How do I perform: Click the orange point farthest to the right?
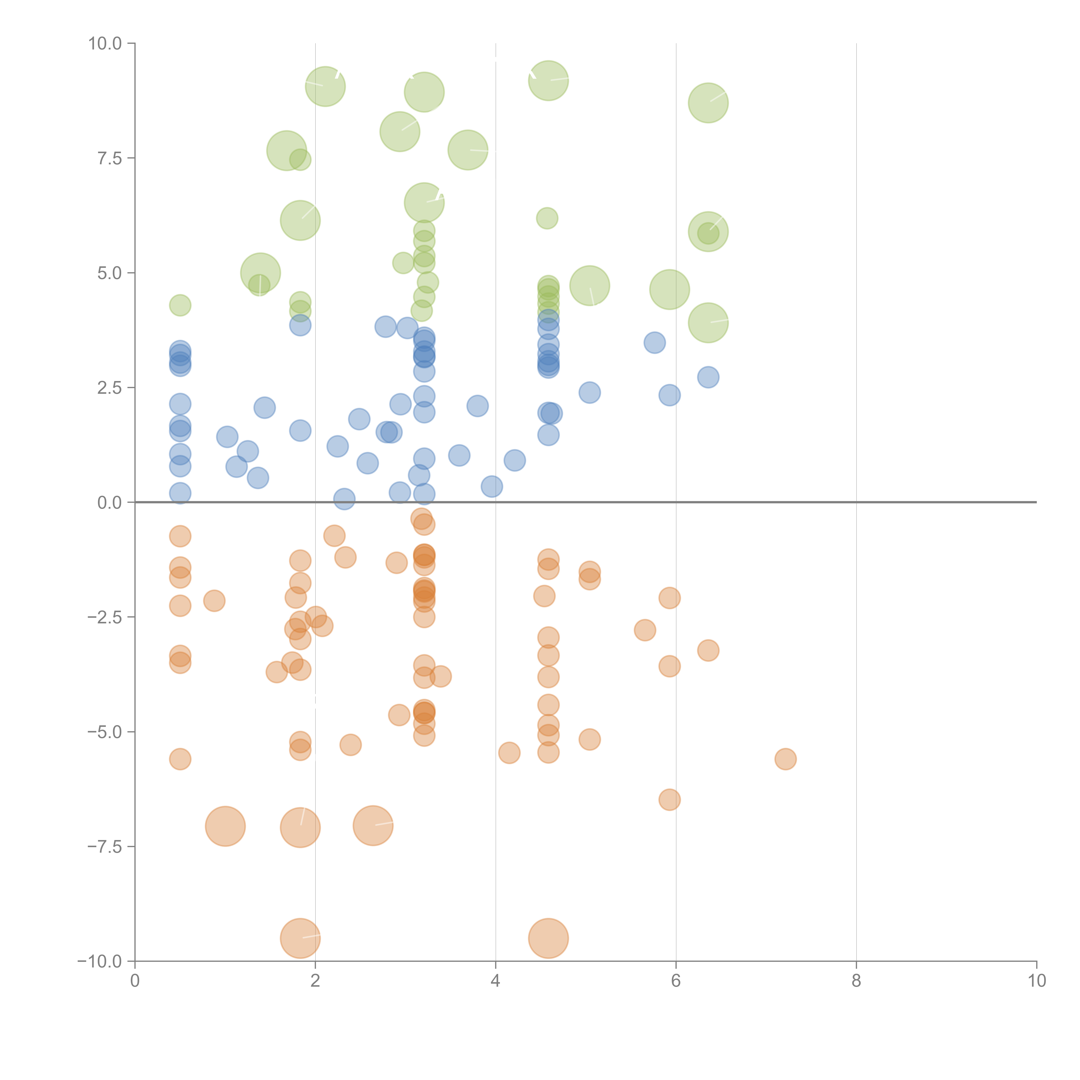(785, 759)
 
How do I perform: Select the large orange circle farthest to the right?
(548, 939)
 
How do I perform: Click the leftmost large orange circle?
(225, 826)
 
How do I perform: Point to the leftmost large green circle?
(260, 273)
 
